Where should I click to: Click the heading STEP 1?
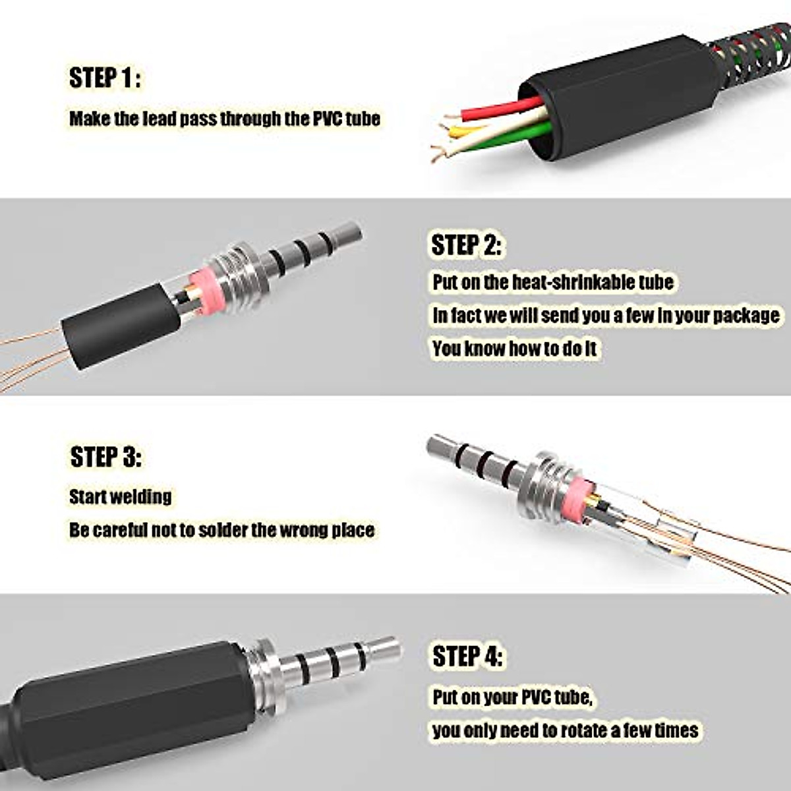tap(104, 78)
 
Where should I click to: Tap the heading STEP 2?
tap(466, 245)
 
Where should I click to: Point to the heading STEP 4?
tap(467, 657)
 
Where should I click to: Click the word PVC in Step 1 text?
tap(327, 119)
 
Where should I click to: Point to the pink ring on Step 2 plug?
tap(206, 291)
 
